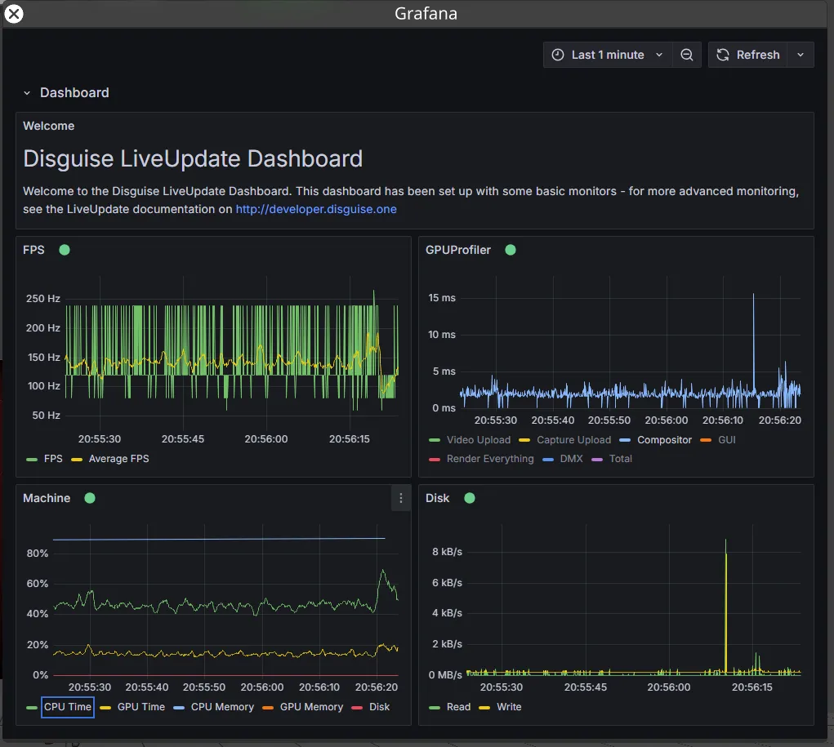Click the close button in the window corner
tap(14, 14)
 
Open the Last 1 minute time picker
tap(607, 55)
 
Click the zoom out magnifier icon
tap(687, 55)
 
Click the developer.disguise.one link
tap(316, 209)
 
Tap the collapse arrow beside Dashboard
tap(27, 93)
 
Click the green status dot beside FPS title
tap(65, 250)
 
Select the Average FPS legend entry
tap(118, 459)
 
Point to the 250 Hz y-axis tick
tap(43, 299)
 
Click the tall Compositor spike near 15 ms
tap(753, 296)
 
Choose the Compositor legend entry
tap(664, 440)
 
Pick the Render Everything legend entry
tap(489, 459)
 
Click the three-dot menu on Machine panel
tap(400, 498)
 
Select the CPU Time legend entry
tap(68, 707)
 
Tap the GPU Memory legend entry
tap(311, 707)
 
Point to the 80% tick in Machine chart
tap(38, 554)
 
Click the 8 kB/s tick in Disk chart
tap(447, 552)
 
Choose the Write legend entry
tap(508, 707)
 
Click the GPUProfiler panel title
tap(458, 250)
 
